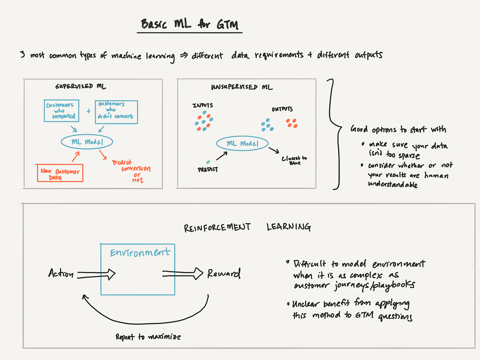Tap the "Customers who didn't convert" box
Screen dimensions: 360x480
pos(116,112)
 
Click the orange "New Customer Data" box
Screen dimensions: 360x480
pos(60,173)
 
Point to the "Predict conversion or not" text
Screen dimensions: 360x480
pos(131,171)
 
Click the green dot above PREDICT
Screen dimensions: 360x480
pos(208,162)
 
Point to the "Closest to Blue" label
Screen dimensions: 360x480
pos(294,160)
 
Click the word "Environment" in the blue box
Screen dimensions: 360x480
pos(140,252)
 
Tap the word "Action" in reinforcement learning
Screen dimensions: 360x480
pos(61,274)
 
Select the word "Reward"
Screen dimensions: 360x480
pos(224,274)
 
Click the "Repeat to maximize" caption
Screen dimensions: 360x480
pos(148,337)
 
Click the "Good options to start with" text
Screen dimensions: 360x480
pos(398,129)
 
